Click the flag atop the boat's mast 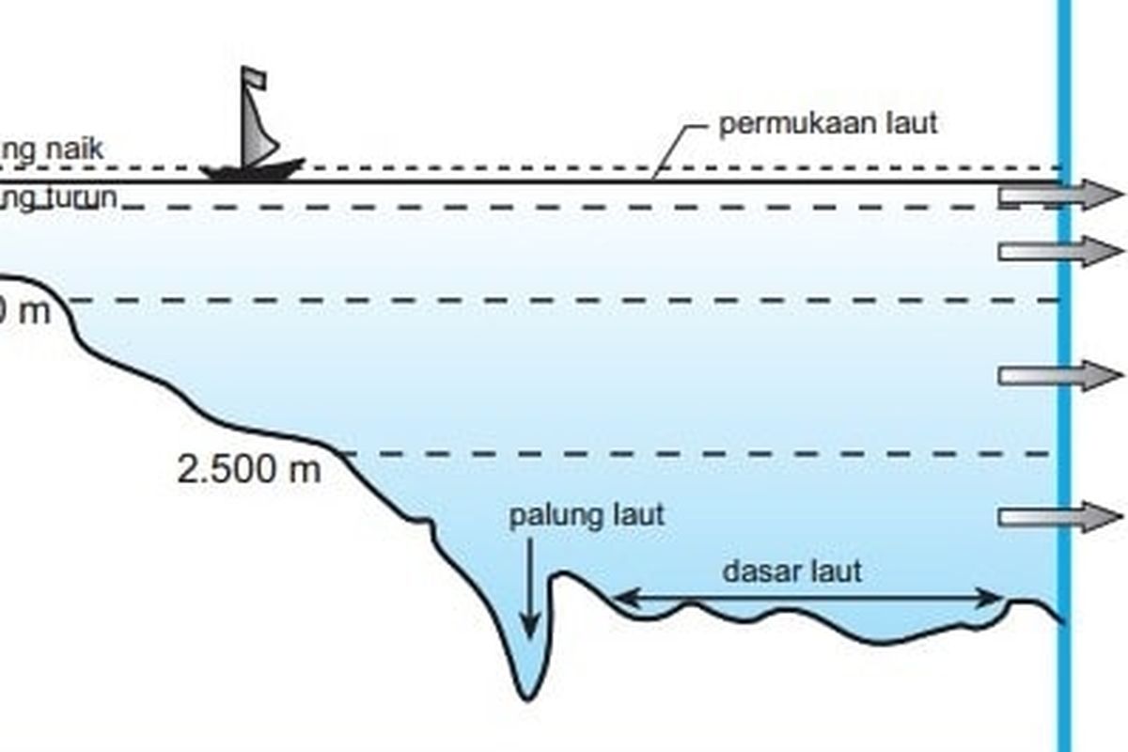click(x=254, y=78)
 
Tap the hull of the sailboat click(x=252, y=171)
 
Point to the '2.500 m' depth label click(x=249, y=469)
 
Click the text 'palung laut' click(x=587, y=515)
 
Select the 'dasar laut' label click(x=791, y=571)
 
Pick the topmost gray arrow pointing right click(x=1059, y=195)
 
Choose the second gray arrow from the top click(x=1059, y=251)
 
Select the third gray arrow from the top click(x=1059, y=375)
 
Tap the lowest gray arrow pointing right click(x=1059, y=516)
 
